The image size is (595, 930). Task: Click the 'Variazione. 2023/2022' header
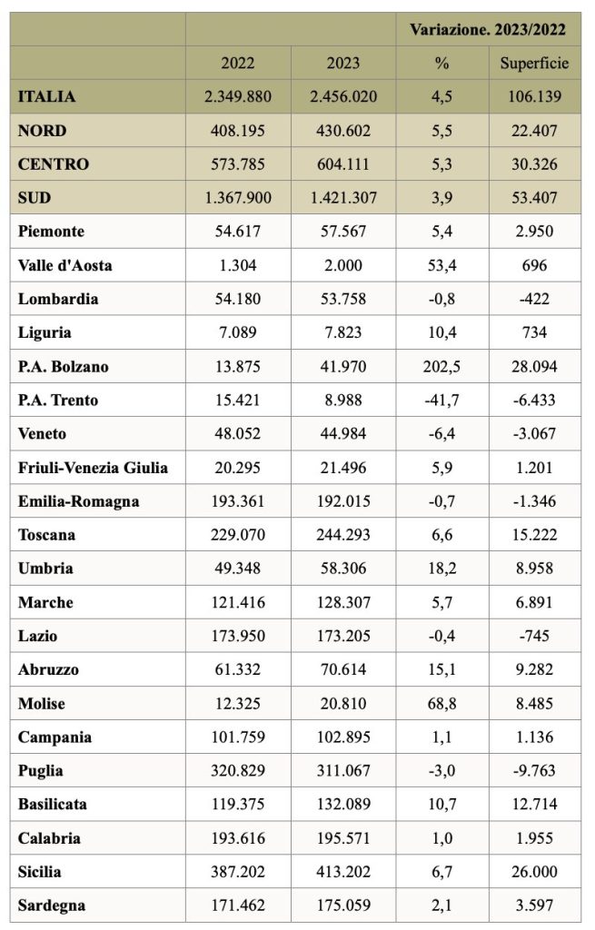point(488,30)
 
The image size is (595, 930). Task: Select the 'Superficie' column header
point(534,63)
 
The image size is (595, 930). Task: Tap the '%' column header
point(442,63)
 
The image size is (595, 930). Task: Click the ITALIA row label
point(46,96)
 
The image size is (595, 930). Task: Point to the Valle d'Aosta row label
point(64,265)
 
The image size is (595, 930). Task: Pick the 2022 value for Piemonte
point(238,232)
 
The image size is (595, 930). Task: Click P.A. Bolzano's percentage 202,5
point(442,366)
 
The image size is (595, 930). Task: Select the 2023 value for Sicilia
point(343,871)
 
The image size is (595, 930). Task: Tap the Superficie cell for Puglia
point(534,770)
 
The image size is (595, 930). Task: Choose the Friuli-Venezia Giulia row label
point(93,468)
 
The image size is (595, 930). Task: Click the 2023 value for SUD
point(343,197)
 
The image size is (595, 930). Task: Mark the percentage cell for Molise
point(442,704)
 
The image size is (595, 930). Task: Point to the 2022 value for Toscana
point(238,534)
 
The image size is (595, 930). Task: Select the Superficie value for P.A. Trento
point(534,400)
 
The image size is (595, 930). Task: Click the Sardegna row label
point(52,905)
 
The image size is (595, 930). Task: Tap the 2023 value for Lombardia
point(343,298)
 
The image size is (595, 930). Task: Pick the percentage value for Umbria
point(442,569)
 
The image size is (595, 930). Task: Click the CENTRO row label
point(54,163)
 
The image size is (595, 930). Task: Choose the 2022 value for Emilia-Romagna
point(238,501)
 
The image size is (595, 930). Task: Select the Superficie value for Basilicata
point(534,805)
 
